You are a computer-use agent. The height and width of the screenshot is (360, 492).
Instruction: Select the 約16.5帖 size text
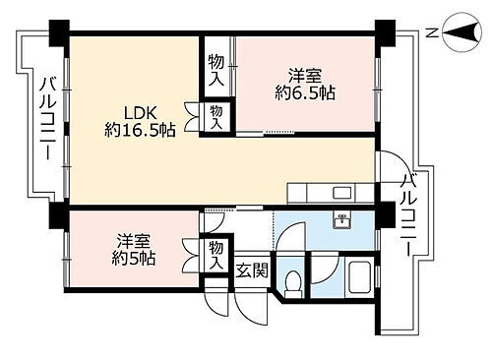(x=140, y=129)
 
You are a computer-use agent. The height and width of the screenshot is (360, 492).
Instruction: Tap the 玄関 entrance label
(x=249, y=269)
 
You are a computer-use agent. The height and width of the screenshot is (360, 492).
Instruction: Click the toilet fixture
(x=292, y=282)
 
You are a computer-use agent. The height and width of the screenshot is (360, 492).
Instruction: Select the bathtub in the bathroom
(x=357, y=280)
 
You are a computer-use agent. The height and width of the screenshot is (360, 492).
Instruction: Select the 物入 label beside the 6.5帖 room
(x=215, y=69)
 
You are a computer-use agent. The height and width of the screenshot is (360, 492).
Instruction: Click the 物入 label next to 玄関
(x=216, y=254)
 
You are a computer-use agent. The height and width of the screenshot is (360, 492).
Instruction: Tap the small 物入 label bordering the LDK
(x=216, y=117)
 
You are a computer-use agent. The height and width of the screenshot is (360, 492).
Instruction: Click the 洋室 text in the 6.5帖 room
(x=305, y=75)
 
